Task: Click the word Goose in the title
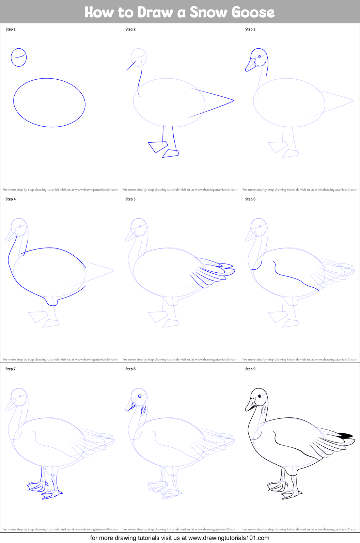[253, 12]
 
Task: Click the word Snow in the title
[208, 12]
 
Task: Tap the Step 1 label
[11, 29]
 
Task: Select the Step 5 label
[130, 199]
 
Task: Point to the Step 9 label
[250, 369]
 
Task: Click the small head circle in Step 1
[19, 57]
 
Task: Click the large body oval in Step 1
[49, 103]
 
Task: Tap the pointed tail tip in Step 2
[233, 100]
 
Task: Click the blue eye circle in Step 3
[260, 57]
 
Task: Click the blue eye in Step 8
[140, 396]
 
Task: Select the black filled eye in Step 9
[260, 396]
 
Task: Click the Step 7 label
[11, 369]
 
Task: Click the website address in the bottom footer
[229, 538]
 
